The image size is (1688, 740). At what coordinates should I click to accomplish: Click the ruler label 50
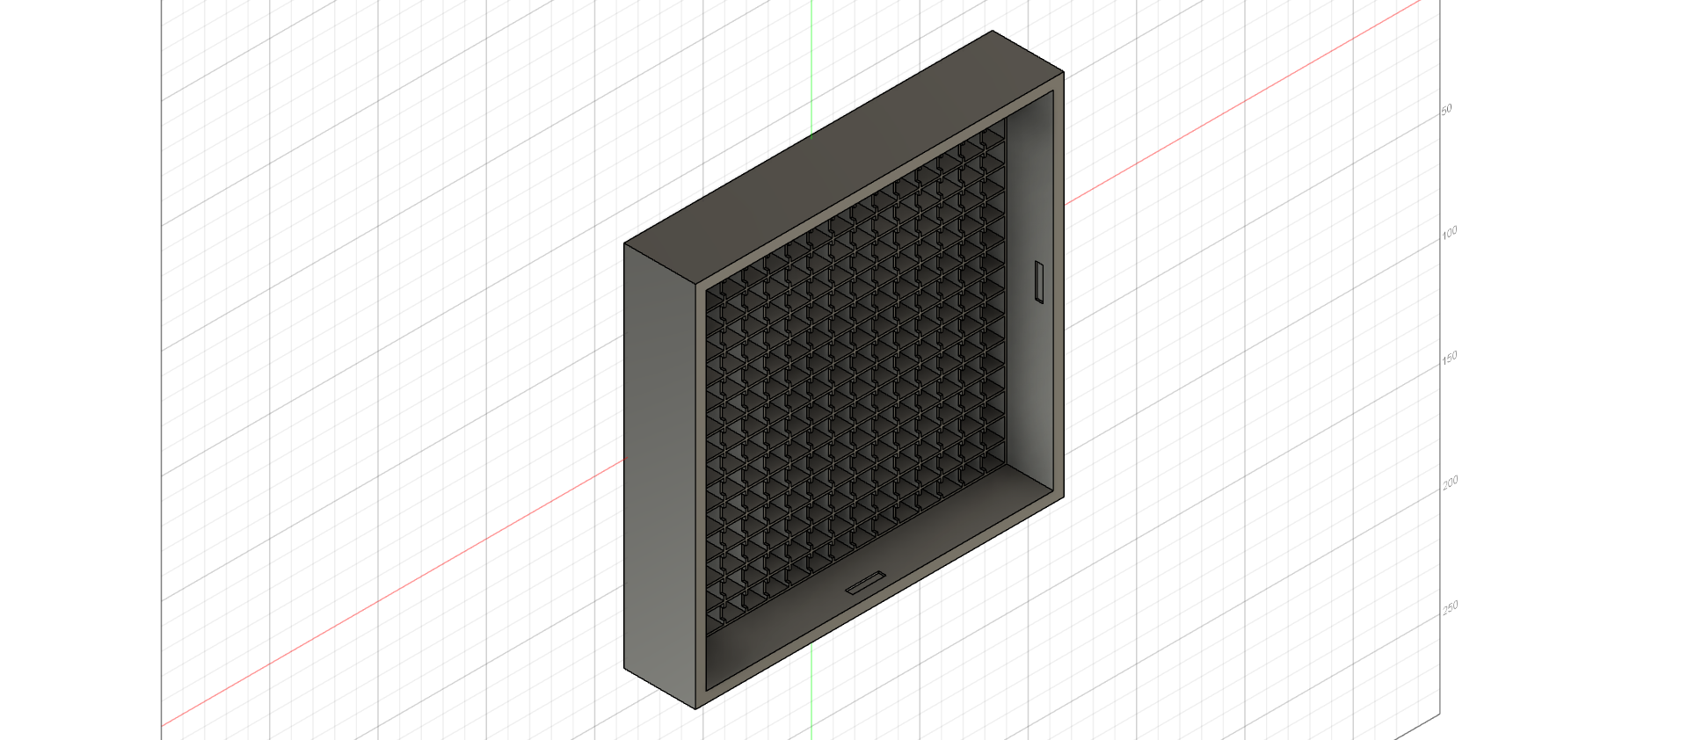(1446, 109)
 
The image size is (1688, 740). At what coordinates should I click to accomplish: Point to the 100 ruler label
(1449, 231)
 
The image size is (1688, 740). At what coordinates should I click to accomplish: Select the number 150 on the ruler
(1449, 356)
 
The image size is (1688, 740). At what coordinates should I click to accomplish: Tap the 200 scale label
(1450, 481)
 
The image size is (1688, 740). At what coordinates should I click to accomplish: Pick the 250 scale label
(1450, 606)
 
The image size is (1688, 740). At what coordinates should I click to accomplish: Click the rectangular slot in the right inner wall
(1039, 282)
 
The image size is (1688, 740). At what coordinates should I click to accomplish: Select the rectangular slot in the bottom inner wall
(866, 583)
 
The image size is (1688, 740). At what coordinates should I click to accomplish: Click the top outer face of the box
(844, 158)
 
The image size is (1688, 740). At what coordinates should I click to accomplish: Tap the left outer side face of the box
(659, 475)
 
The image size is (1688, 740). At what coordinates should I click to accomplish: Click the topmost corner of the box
(993, 31)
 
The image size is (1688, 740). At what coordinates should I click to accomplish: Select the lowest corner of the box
(696, 708)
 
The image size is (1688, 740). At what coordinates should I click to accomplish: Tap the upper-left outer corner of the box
(624, 243)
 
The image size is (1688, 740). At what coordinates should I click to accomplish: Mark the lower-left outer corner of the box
(624, 668)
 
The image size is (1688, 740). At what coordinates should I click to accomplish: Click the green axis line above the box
(811, 70)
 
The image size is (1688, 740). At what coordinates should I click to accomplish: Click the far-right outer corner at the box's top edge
(1064, 72)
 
